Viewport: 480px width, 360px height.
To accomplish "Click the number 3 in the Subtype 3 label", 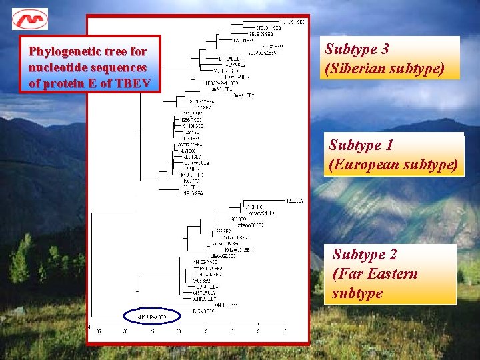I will (x=385, y=49).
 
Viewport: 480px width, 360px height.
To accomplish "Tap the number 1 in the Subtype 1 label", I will (x=389, y=145).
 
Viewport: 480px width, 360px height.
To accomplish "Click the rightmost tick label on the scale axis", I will (x=285, y=331).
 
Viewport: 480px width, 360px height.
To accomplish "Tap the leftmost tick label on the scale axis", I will (x=99, y=331).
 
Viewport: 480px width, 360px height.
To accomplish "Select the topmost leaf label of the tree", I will (x=293, y=22).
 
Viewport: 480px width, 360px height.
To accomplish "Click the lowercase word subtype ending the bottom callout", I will (x=357, y=293).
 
